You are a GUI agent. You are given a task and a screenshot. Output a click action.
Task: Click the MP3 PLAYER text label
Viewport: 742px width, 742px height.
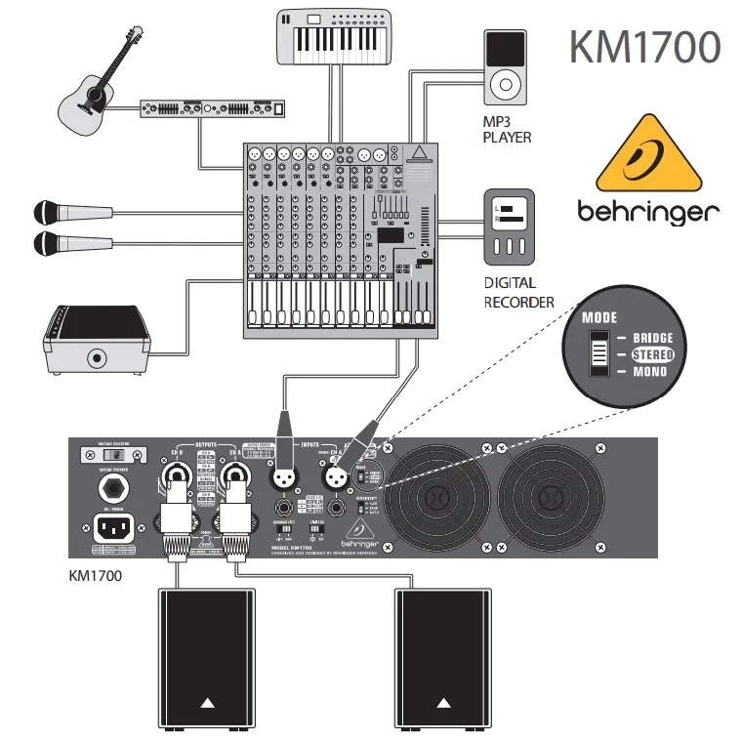click(508, 130)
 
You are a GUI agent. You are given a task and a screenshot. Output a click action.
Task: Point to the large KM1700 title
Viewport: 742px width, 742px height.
click(644, 46)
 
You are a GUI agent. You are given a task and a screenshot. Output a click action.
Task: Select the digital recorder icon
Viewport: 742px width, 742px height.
click(510, 227)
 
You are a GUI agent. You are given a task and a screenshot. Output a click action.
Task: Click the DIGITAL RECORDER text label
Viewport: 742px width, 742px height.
click(518, 292)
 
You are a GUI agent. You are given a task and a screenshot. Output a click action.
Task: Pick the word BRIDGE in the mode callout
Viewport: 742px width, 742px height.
click(652, 338)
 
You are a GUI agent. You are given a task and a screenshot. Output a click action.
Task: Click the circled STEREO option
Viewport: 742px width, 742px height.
click(651, 354)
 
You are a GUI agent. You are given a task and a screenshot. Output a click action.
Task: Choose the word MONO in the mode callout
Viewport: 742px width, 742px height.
click(649, 372)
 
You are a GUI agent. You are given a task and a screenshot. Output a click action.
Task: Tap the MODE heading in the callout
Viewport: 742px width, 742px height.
click(599, 318)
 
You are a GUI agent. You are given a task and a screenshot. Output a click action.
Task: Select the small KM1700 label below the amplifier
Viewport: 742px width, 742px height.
click(95, 576)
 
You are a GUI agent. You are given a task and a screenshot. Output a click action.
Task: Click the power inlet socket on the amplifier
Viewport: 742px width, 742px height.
click(112, 529)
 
